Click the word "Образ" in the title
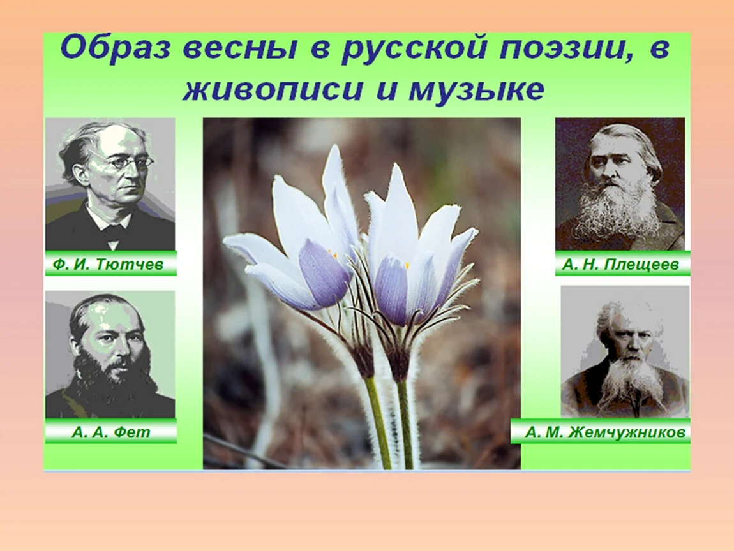[115, 48]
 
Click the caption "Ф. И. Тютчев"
[108, 265]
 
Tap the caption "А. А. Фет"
[111, 432]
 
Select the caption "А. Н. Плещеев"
[620, 265]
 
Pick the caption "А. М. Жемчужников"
[608, 432]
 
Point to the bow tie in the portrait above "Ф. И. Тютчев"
[112, 232]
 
